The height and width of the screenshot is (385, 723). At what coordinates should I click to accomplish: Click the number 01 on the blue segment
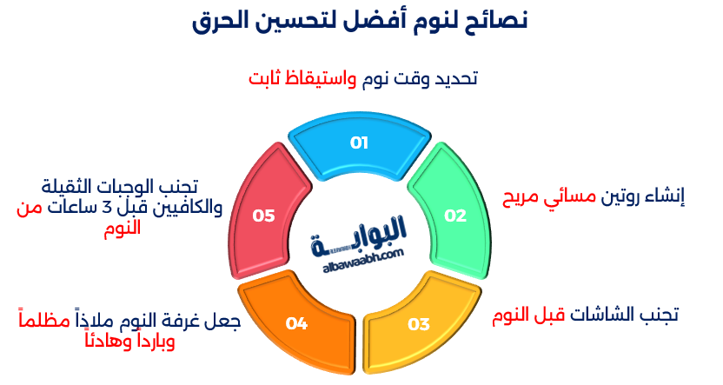[x=360, y=143]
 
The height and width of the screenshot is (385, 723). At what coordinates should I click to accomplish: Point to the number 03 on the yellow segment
[x=419, y=324]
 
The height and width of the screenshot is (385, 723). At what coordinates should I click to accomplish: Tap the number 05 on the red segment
[x=263, y=216]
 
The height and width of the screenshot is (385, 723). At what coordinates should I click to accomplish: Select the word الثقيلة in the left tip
[x=74, y=186]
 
